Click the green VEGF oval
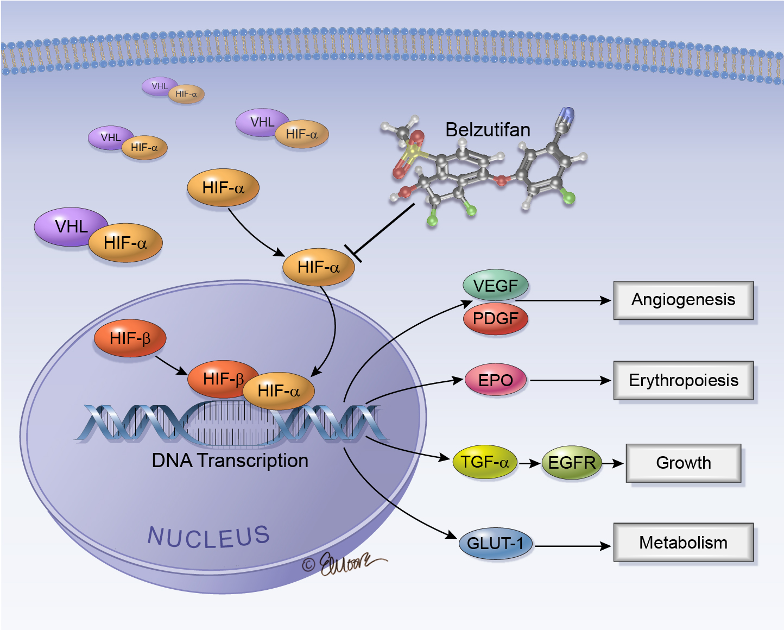[495, 285]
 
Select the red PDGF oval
[495, 319]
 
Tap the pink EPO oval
[496, 380]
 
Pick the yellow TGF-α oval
[484, 463]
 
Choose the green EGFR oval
[572, 463]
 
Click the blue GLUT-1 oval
[495, 544]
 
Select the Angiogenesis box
[683, 300]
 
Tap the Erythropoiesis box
[683, 380]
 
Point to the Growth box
[683, 463]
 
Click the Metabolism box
[683, 542]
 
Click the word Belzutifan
[488, 130]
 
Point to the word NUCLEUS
[208, 537]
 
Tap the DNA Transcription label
[230, 461]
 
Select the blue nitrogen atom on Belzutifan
[567, 115]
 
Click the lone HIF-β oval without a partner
[130, 338]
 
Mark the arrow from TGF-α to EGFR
[529, 464]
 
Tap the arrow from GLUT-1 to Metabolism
[573, 546]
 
